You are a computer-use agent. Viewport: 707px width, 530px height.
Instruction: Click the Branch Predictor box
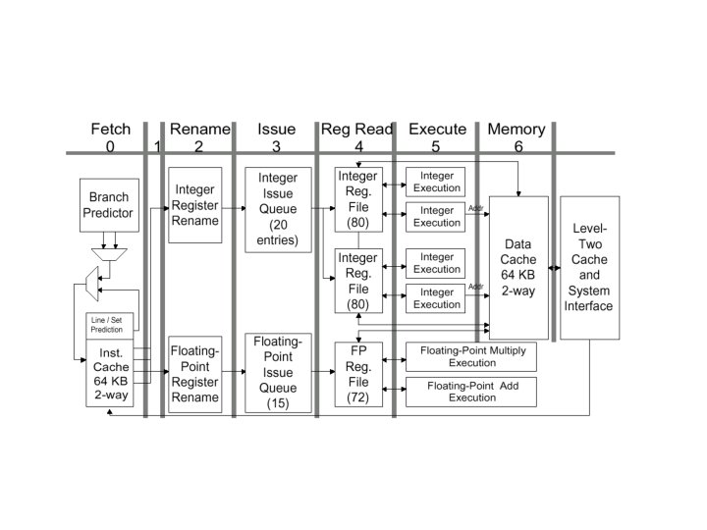coord(109,204)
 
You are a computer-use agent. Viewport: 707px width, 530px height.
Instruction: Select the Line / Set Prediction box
coord(109,325)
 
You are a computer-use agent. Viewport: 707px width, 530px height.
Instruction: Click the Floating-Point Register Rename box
coord(195,374)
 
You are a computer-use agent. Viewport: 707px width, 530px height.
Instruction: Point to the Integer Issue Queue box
coord(277,209)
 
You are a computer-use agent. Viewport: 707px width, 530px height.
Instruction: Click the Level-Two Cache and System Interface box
coord(589,267)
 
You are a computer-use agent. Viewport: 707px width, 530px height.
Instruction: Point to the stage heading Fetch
coord(110,129)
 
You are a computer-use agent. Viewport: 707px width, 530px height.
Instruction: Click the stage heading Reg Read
coord(357,129)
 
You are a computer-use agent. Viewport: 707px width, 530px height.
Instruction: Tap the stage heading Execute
coord(437,129)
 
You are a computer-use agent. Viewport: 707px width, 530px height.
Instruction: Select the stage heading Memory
coord(517,129)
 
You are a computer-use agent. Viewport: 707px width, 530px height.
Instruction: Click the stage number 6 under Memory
coord(517,146)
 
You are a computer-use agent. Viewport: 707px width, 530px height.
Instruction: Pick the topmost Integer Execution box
coord(436,182)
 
